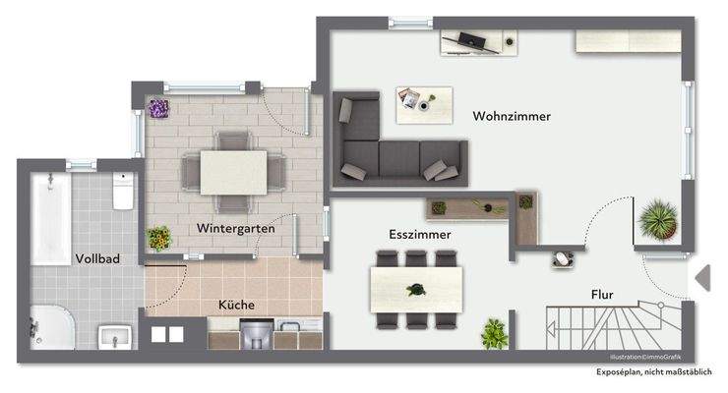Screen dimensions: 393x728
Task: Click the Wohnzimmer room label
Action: click(x=511, y=116)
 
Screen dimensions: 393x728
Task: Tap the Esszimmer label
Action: click(x=420, y=235)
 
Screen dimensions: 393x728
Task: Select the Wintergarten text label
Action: click(x=234, y=228)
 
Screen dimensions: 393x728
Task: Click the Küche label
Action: click(x=236, y=306)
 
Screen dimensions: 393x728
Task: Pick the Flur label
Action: click(x=603, y=294)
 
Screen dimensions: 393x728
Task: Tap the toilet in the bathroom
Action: click(x=123, y=193)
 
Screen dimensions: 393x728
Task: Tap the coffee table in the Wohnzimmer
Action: click(x=424, y=103)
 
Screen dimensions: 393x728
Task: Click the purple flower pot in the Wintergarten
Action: click(x=157, y=108)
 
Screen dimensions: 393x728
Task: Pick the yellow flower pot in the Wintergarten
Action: click(x=157, y=238)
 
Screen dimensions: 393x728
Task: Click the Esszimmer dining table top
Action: click(x=416, y=289)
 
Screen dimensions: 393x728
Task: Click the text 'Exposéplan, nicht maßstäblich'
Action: click(x=646, y=373)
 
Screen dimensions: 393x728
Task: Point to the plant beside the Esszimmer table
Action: click(x=494, y=333)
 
